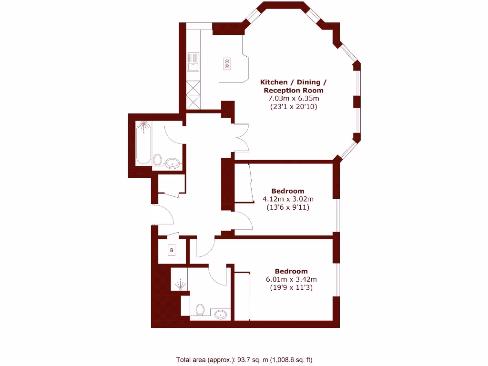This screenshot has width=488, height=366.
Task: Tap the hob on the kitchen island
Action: coord(227,63)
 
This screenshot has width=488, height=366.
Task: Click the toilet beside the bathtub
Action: coord(158,161)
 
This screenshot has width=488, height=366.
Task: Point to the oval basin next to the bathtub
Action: coord(173,165)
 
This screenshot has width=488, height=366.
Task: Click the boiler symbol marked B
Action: coord(172,250)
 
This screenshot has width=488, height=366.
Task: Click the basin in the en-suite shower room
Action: coord(220,314)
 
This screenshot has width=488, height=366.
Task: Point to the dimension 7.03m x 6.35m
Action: coord(293,99)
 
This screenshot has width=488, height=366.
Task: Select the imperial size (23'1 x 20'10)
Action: coord(293,107)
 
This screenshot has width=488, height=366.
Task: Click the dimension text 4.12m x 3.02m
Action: coord(287,199)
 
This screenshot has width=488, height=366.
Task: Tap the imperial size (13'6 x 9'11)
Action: coord(287,207)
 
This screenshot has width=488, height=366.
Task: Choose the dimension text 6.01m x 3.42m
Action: coord(291,279)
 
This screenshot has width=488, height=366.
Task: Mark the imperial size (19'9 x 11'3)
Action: coord(291,287)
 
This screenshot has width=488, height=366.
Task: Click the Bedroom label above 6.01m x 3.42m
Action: coord(291,271)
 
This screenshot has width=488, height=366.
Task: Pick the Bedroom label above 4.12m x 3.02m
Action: coord(287,191)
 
